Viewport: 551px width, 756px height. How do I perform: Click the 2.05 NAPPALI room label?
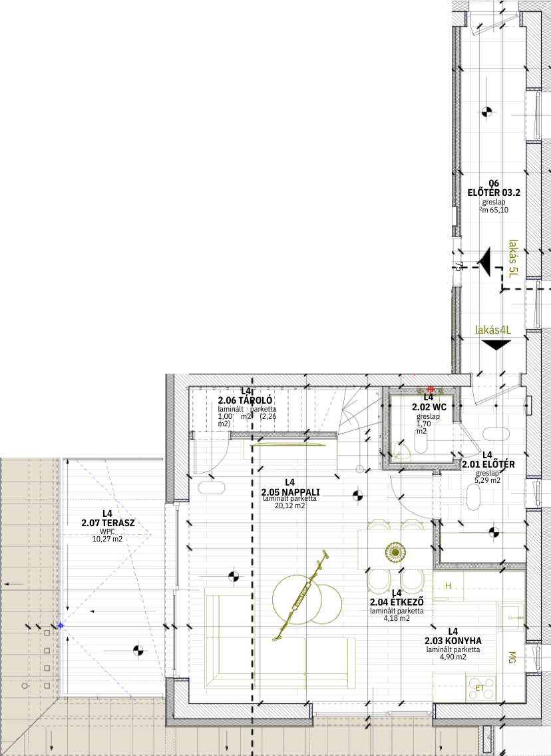(x=290, y=492)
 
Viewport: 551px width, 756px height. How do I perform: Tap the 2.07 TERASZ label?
(x=108, y=523)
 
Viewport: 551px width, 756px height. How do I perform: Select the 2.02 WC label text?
(x=429, y=407)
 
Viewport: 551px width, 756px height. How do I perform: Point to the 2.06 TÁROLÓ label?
(x=245, y=400)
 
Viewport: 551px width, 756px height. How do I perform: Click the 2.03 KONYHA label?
(x=453, y=641)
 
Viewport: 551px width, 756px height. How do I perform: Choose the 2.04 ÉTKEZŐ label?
(x=397, y=602)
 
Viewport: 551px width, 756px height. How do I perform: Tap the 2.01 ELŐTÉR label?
(x=488, y=464)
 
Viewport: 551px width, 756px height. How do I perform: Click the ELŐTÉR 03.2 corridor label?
(x=494, y=192)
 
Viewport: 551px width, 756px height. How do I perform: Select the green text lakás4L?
(x=492, y=330)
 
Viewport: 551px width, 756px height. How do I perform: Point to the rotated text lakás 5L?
(x=514, y=258)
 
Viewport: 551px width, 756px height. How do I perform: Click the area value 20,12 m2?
(x=290, y=506)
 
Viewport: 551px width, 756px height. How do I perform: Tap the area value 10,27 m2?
(x=107, y=539)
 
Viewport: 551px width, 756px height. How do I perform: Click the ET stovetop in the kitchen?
(x=480, y=688)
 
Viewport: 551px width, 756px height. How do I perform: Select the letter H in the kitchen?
(x=448, y=585)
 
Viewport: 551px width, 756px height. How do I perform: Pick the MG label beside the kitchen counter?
(x=512, y=657)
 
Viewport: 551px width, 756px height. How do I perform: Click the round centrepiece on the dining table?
(x=395, y=551)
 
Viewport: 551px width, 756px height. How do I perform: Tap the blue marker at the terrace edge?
(x=60, y=625)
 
